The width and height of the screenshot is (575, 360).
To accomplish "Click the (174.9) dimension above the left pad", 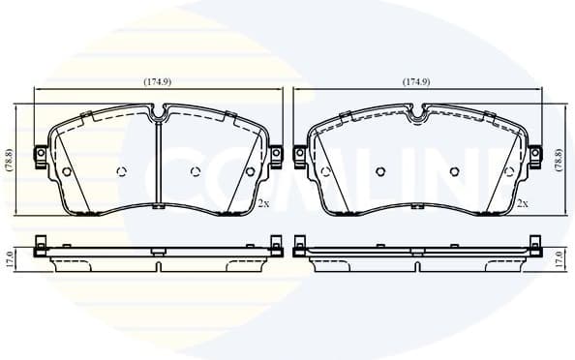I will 158,82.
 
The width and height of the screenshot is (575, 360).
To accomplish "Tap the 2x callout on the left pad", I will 263,203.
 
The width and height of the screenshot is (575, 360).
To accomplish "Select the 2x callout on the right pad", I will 522,203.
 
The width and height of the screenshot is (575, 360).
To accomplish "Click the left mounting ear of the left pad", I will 40,156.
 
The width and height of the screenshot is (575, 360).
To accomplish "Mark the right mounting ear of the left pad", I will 277,155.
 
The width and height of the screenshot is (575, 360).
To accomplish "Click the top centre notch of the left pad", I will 159,111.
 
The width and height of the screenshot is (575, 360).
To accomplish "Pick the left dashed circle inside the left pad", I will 121,172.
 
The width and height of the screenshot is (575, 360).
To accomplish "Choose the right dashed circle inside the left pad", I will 196,172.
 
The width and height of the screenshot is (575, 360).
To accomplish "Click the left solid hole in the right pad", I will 326,172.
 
